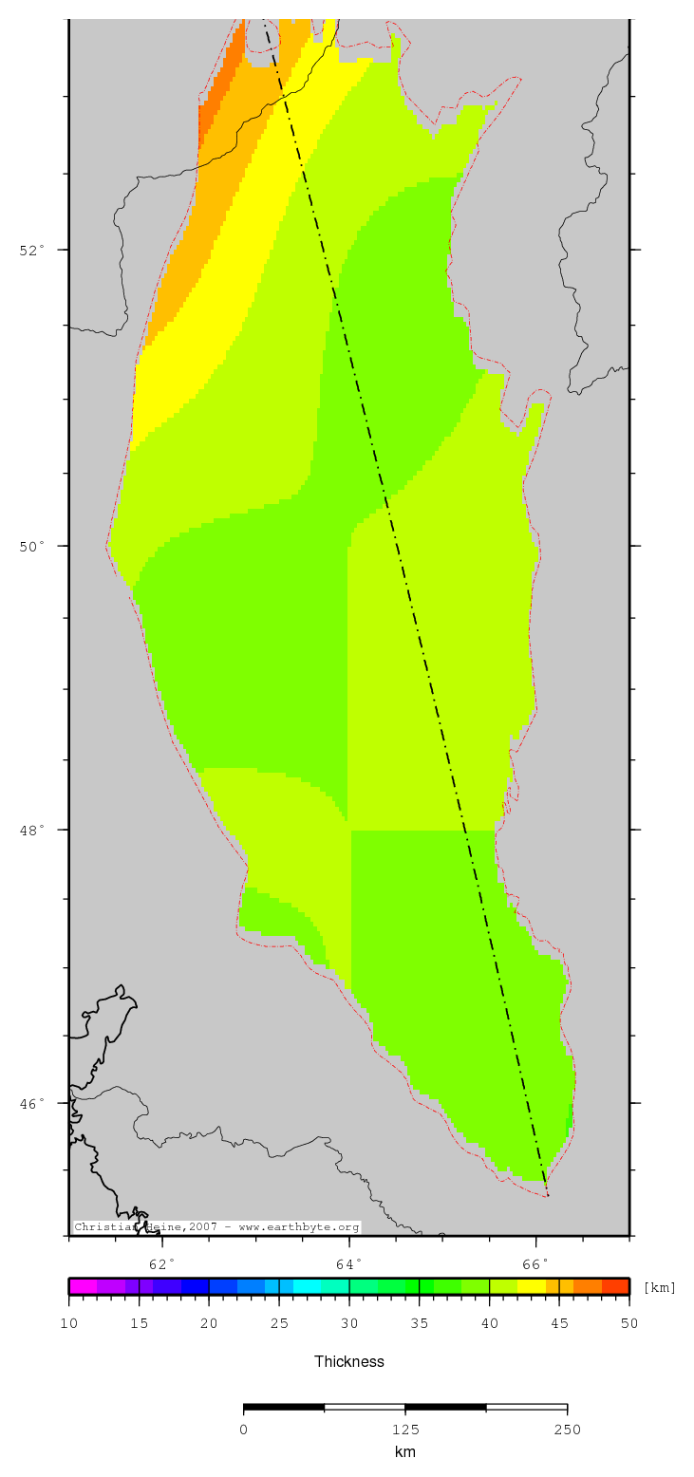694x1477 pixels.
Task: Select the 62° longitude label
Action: click(163, 1264)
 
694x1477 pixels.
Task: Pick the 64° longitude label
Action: click(349, 1264)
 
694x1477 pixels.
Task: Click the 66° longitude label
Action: click(535, 1264)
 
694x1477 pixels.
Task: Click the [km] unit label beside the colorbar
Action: click(660, 1288)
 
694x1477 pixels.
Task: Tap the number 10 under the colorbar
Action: click(68, 1323)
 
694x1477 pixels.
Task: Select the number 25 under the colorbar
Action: click(279, 1323)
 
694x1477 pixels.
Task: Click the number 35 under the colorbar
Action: click(420, 1323)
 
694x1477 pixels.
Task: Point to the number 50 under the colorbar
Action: click(629, 1323)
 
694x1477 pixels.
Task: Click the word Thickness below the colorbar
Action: click(349, 1361)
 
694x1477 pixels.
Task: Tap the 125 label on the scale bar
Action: click(405, 1430)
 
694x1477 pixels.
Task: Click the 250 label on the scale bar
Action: click(567, 1430)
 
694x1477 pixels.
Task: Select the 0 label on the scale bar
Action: click(244, 1430)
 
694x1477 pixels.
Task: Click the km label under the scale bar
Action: click(405, 1452)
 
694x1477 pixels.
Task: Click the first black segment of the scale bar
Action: click(284, 1407)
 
